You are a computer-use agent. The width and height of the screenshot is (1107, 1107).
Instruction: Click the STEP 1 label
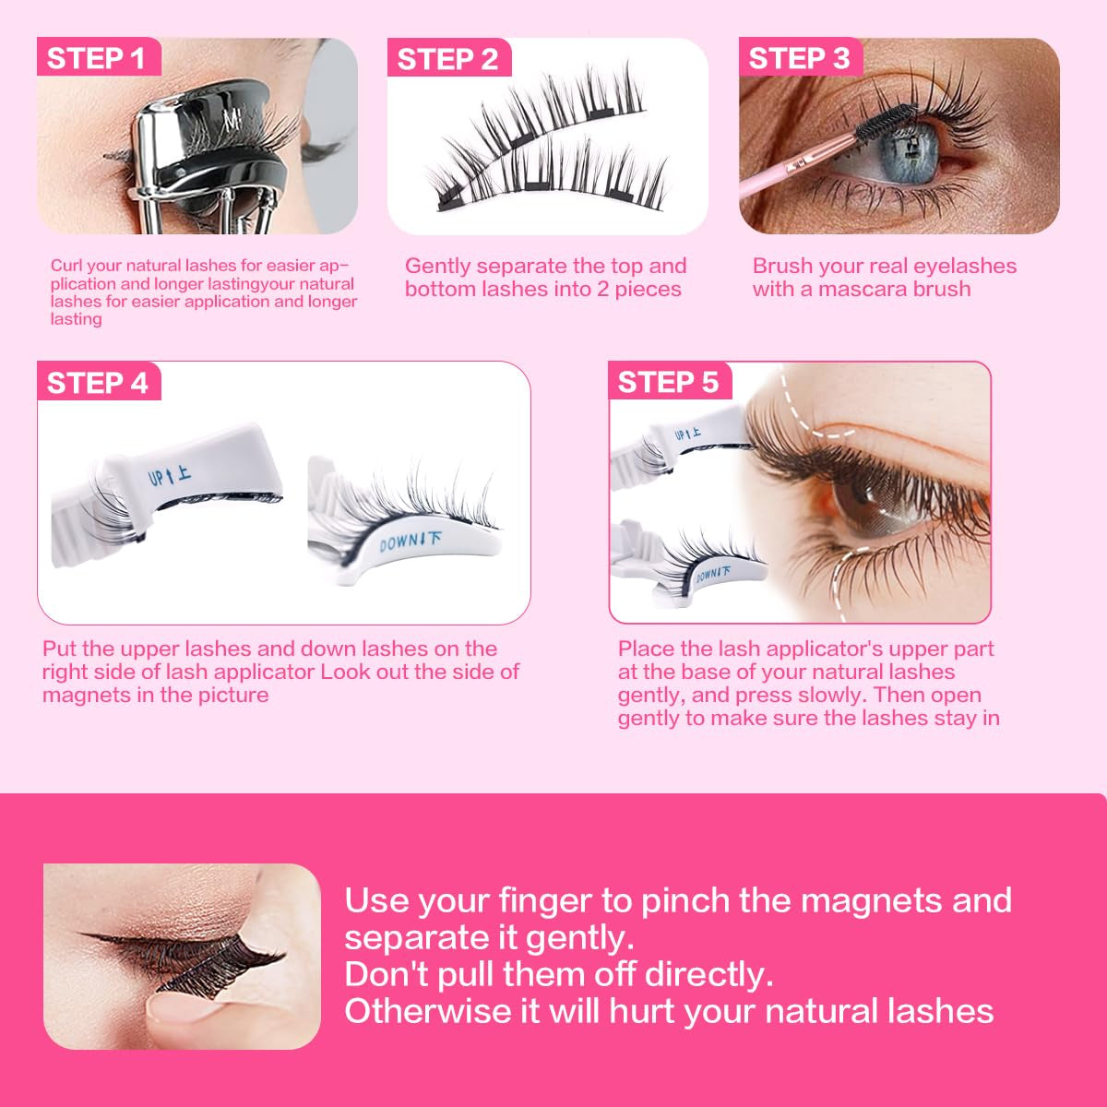pyautogui.click(x=97, y=59)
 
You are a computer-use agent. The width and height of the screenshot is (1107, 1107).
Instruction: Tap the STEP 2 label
pyautogui.click(x=447, y=60)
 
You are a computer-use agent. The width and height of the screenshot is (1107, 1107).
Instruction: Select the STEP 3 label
pyautogui.click(x=799, y=59)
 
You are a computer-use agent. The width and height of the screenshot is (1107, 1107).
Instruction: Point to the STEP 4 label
pyautogui.click(x=97, y=383)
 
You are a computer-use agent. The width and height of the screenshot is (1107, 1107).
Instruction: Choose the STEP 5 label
pyautogui.click(x=668, y=383)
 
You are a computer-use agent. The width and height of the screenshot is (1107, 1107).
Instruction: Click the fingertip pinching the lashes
pyautogui.click(x=184, y=1010)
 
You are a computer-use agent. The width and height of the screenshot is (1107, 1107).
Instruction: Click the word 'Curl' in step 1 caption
pyautogui.click(x=66, y=267)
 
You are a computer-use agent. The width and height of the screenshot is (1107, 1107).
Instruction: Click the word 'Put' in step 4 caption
pyautogui.click(x=59, y=649)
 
